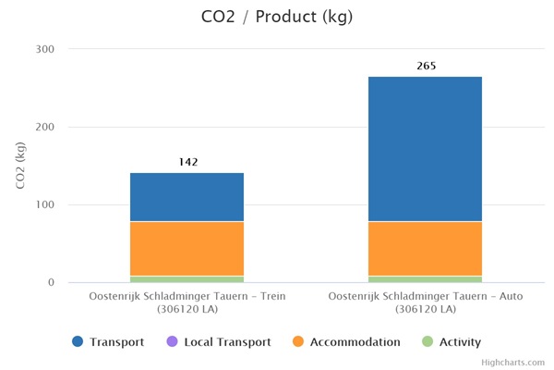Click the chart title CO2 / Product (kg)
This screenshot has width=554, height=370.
[x=277, y=18]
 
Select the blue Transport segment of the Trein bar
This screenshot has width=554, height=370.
[x=187, y=197]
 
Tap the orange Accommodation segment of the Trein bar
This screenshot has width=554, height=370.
[x=187, y=249]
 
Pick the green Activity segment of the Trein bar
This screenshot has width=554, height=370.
[x=187, y=278]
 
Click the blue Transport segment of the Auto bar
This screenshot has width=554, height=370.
[x=425, y=149]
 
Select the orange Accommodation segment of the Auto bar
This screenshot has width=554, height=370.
[x=425, y=249]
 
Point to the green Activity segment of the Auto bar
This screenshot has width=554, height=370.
[x=425, y=278]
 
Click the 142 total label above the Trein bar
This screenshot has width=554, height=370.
[x=188, y=162]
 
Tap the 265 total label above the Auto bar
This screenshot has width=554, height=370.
[x=426, y=66]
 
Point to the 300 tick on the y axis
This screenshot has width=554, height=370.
[x=45, y=49]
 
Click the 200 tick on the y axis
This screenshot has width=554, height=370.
[x=45, y=127]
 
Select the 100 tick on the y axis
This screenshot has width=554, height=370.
[x=45, y=204]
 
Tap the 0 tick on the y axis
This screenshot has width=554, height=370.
[x=52, y=282]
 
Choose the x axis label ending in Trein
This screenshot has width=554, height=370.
[x=187, y=302]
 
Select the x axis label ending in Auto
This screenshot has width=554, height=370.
[x=425, y=302]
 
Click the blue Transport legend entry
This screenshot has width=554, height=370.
[x=109, y=342]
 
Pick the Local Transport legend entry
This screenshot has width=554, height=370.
[x=219, y=342]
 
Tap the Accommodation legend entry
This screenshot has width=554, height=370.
[x=346, y=342]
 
